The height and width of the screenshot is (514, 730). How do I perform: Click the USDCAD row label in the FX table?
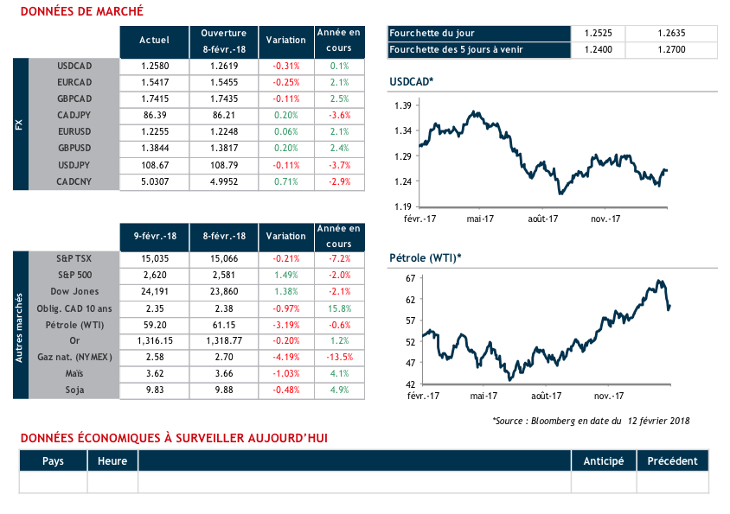[x=74, y=66]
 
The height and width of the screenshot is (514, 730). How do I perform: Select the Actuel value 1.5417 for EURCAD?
[x=154, y=82]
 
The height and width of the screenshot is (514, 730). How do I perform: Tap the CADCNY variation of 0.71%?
[x=285, y=181]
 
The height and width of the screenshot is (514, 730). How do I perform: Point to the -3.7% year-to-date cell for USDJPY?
[x=339, y=165]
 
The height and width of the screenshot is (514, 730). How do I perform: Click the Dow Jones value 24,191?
[x=154, y=292]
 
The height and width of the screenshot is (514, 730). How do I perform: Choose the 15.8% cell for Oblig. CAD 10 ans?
[x=339, y=308]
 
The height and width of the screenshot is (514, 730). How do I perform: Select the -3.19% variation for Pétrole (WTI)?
[x=285, y=325]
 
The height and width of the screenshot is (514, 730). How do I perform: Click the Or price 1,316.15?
[x=154, y=341]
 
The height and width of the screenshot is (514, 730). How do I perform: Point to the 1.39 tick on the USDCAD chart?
[x=402, y=105]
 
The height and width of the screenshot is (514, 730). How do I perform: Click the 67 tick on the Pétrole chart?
[x=410, y=278]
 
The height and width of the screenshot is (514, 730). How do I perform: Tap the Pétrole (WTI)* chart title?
[x=425, y=257]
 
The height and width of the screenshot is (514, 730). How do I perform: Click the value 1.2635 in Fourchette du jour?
[x=671, y=33]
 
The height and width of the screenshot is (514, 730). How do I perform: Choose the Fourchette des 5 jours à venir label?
[x=457, y=49]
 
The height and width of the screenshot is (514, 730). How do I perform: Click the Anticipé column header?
[x=604, y=460]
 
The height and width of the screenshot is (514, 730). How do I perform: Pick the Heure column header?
[x=112, y=460]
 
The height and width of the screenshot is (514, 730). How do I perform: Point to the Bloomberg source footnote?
[x=591, y=421]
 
